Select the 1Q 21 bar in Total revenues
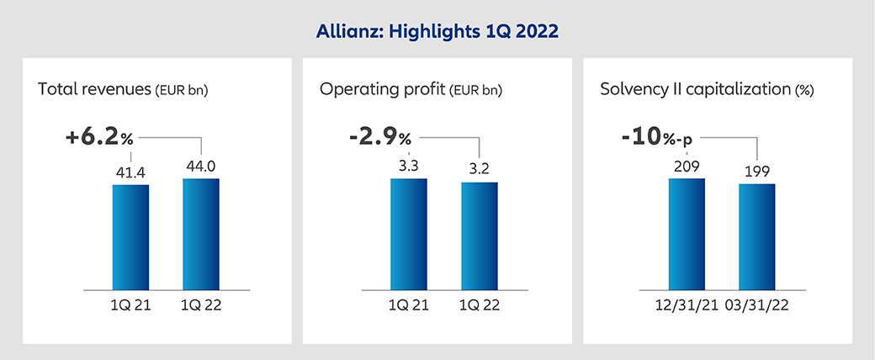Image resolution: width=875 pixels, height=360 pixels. [130, 236]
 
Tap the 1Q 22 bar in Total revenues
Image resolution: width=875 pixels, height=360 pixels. [201, 233]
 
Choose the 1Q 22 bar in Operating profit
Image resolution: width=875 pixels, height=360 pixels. [479, 235]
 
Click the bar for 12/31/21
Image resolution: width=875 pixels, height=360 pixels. [687, 233]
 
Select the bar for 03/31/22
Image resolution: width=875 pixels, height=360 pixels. [757, 236]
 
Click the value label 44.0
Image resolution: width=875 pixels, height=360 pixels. [201, 167]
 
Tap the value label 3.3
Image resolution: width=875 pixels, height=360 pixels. [408, 167]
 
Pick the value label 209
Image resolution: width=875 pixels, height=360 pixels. [687, 167]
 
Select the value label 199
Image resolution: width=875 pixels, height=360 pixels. [757, 172]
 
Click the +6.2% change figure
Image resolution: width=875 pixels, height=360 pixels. [99, 137]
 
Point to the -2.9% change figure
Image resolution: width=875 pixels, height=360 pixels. [379, 137]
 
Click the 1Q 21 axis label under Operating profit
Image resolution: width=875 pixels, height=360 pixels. [408, 304]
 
